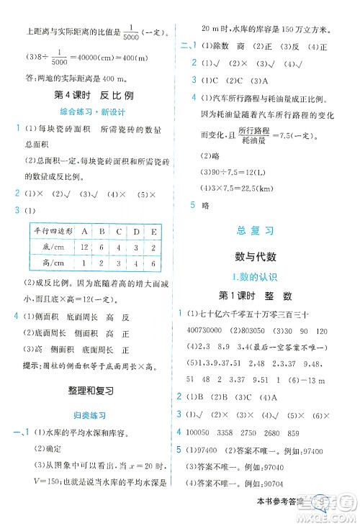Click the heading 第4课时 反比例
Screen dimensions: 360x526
[x=92, y=95]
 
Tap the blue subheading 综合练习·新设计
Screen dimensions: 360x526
[x=92, y=113]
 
